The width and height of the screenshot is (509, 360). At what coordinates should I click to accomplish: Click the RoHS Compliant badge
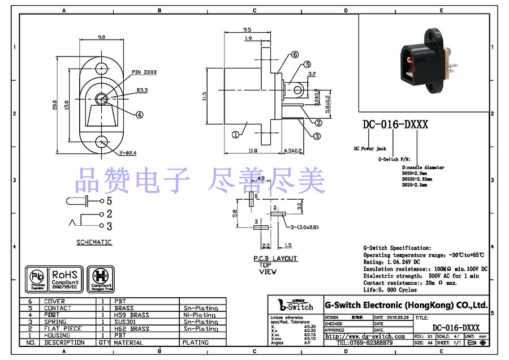pyautogui.click(x=67, y=278)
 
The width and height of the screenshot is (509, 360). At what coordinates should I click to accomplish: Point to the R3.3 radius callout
pyautogui.click(x=141, y=90)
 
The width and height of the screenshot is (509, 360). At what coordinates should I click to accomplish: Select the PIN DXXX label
pyautogui.click(x=144, y=72)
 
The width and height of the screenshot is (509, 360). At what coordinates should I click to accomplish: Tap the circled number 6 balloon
pyautogui.click(x=295, y=55)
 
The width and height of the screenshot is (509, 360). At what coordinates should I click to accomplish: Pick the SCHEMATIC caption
pyautogui.click(x=94, y=242)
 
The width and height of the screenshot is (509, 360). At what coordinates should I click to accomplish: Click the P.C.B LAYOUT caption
pyautogui.click(x=275, y=259)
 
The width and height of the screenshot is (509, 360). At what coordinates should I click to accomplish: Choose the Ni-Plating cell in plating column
pyautogui.click(x=199, y=315)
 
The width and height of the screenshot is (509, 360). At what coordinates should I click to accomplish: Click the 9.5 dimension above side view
pyautogui.click(x=247, y=29)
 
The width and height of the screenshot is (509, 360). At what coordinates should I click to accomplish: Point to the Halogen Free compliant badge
pyautogui.click(x=102, y=278)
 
